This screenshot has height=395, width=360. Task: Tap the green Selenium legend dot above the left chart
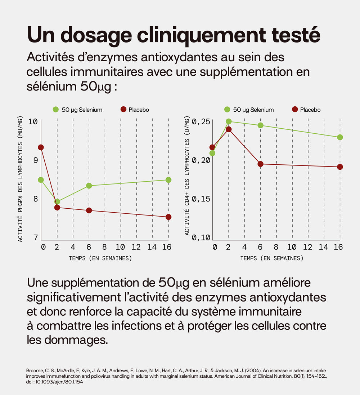55,110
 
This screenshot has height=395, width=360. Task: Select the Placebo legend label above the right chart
310,110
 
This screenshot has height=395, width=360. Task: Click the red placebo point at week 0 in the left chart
41,147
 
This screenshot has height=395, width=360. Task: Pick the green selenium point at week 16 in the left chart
168,180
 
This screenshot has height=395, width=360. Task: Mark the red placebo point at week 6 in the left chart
89,210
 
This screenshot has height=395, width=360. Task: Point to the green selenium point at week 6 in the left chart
89,186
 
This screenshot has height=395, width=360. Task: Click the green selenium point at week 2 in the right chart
229,121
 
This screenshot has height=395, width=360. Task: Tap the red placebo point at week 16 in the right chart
340,167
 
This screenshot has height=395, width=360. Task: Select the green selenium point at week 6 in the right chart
260,125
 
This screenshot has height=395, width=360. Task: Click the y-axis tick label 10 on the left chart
33,121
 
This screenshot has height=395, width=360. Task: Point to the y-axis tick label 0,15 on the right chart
202,199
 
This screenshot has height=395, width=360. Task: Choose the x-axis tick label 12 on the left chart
136,247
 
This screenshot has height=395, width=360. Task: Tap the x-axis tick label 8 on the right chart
276,247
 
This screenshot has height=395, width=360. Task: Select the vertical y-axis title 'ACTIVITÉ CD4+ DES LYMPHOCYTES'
187,176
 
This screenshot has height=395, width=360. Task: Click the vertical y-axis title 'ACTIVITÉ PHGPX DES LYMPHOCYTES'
20,179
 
